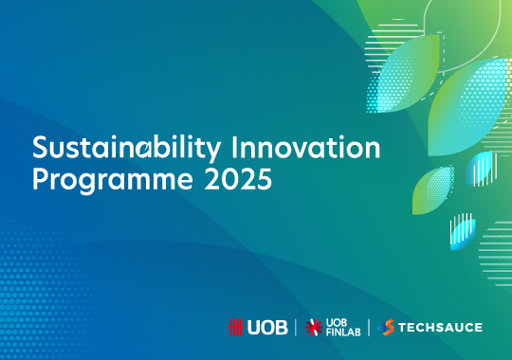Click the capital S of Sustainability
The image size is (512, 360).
40,149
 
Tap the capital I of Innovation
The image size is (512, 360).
257,149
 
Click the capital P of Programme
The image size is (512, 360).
40,178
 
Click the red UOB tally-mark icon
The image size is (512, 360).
236,328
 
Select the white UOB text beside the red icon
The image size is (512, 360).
266,328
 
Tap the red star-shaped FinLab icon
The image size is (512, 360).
316,328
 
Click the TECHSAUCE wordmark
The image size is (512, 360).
441,328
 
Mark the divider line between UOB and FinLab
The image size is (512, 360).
296,328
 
